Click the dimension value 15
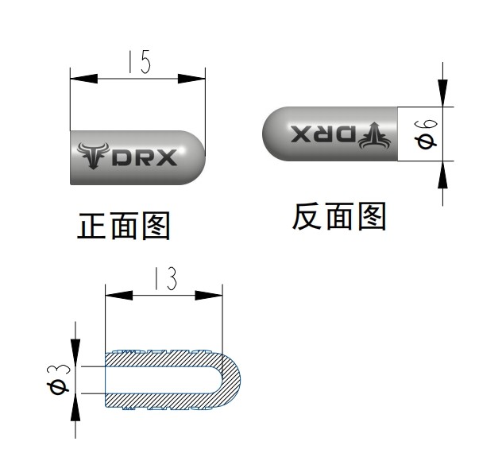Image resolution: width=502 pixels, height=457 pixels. [137, 63]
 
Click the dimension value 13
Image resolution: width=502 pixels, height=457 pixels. [164, 279]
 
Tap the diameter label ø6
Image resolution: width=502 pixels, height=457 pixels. [426, 134]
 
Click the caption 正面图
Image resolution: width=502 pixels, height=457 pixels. [124, 227]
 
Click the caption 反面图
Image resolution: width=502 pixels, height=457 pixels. [339, 216]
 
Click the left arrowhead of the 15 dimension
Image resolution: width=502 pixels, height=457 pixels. [83, 79]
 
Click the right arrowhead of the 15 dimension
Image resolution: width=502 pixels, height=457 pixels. [192, 79]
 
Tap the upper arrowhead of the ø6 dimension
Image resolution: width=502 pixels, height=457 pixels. [442, 94]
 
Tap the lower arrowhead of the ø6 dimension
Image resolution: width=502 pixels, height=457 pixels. [442, 173]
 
